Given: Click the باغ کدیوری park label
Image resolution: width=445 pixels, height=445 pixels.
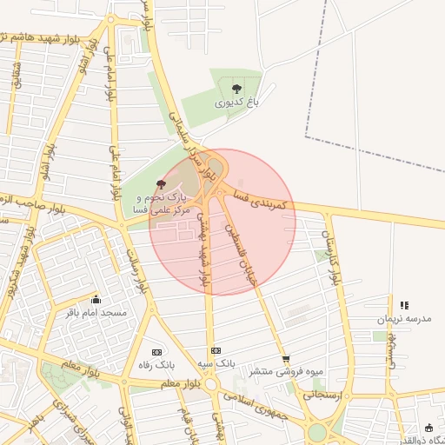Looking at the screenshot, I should tap(237, 103).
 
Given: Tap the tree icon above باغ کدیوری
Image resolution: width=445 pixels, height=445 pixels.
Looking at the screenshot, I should tap(237, 88).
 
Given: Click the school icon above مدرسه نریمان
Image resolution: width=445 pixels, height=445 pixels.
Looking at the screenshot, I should tap(404, 305).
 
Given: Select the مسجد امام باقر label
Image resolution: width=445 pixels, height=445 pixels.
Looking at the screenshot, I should tap(96, 312).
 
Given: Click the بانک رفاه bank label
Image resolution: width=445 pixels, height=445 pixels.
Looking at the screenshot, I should tap(157, 365).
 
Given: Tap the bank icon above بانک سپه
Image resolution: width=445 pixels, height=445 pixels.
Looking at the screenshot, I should tap(216, 350).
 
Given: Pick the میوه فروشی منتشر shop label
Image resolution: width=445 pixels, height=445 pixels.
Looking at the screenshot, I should tap(286, 371).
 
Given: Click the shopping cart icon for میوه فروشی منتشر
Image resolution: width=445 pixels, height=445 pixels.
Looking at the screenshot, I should tap(286, 358).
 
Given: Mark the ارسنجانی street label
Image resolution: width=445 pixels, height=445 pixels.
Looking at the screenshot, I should tap(323, 394).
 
